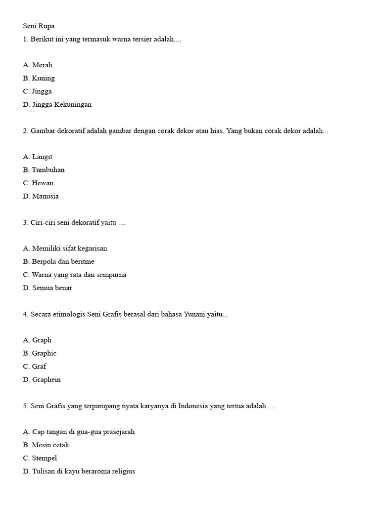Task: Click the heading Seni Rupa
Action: point(38,26)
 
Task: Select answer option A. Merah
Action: point(38,65)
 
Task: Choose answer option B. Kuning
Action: point(39,78)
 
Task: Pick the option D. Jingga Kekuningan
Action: point(57,105)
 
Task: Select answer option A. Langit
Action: point(38,157)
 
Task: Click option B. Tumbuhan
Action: point(44,170)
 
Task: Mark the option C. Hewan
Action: point(38,183)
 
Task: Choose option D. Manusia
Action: point(41,196)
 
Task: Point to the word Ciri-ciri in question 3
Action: point(43,223)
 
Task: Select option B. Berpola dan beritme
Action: point(58,261)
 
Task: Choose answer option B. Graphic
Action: point(40,353)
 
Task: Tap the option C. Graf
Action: point(35,367)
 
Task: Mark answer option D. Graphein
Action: point(42,380)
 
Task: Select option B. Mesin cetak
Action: point(46,445)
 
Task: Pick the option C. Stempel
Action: point(40,458)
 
